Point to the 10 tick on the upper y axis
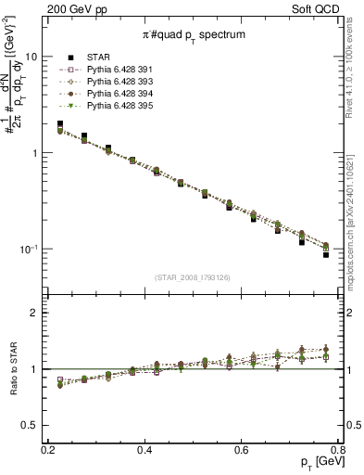[x=31, y=57]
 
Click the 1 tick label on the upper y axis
[x=34, y=153]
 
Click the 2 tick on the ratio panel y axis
[x=34, y=313]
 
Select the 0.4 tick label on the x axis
[x=144, y=449]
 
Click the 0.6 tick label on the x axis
[x=242, y=449]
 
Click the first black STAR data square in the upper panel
[x=60, y=123]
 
